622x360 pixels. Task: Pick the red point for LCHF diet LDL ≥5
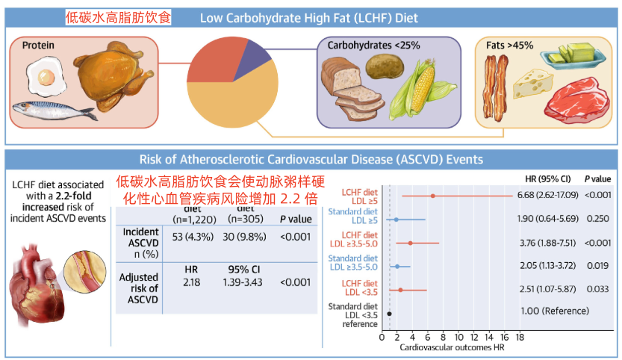[x=432, y=196]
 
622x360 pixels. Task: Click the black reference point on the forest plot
[x=389, y=314]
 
